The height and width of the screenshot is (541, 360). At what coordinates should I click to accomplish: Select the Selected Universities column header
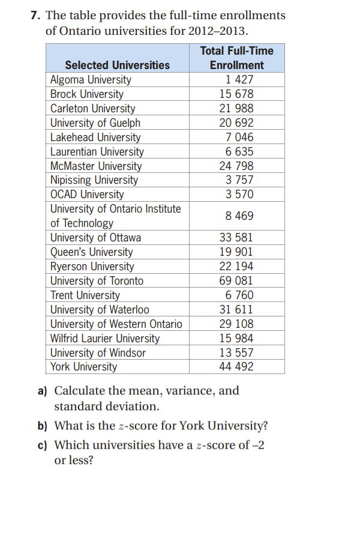coord(117,65)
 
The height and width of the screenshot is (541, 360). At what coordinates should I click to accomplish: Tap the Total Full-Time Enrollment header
coord(236,58)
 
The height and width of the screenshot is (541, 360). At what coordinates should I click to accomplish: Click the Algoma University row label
coord(91,80)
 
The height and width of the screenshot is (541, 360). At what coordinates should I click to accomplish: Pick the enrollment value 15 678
coord(236,94)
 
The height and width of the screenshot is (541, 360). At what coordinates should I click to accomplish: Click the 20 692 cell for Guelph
coord(236,123)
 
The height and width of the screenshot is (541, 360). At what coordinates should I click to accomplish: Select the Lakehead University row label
coord(95,138)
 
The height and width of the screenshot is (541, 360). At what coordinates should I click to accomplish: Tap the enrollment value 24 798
coord(236,166)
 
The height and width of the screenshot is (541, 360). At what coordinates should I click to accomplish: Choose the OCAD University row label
coord(87,195)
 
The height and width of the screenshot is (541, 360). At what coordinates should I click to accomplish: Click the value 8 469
coord(239,216)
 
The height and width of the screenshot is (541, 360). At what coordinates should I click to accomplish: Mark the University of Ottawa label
coord(95,238)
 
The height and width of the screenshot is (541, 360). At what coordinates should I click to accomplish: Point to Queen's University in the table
coord(91,252)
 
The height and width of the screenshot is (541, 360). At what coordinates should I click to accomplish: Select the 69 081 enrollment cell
coord(236,280)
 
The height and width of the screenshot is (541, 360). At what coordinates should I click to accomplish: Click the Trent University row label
coord(85,295)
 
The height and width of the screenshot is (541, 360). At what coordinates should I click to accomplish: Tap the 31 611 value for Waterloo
coord(236,310)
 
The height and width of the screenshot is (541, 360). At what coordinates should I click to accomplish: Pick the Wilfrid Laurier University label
coord(105,339)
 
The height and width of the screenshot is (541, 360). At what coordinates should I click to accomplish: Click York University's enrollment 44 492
coord(236,367)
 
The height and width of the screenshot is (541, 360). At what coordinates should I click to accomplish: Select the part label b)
coord(43,426)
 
